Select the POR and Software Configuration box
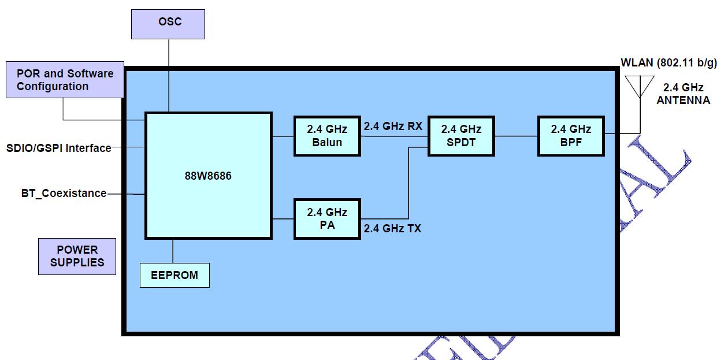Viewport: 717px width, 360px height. coord(65,80)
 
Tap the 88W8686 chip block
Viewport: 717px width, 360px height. coord(208,175)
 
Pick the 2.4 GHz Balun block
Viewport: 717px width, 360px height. coord(326,136)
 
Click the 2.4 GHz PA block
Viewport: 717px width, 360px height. coord(326,218)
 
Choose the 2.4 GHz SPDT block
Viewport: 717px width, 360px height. coord(461,136)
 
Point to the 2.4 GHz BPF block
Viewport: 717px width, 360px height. coord(571,136)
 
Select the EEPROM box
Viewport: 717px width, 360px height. coord(174,275)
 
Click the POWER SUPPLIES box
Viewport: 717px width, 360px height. coord(77,256)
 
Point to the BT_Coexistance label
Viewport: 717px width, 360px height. coord(64,194)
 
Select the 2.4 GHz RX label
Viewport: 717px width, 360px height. coord(392,126)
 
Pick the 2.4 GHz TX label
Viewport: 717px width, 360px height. coord(392,228)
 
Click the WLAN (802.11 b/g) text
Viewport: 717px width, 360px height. coord(668,62)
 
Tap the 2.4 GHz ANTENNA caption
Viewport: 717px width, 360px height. coord(683,94)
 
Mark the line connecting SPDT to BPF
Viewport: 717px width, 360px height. coord(516,136)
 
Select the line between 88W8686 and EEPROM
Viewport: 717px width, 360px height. coord(173,251)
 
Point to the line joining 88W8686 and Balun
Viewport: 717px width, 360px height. coord(283,136)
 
